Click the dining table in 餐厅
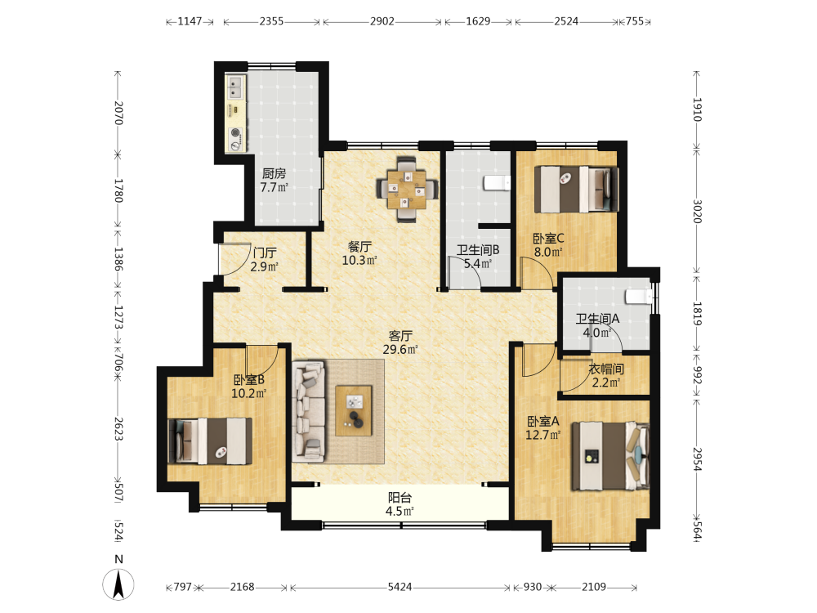coord(407,190)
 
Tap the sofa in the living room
coord(309,411)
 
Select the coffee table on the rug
coord(354,411)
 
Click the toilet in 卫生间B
coord(497,183)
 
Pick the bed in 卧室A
coord(610,456)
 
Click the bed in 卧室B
coord(210,441)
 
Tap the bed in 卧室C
coord(577,190)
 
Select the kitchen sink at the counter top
coord(235,87)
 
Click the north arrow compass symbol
coord(118,584)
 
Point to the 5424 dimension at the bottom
coord(400,587)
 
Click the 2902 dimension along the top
coord(382,21)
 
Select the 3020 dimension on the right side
coord(697,211)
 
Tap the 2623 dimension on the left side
coord(118,428)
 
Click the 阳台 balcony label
coord(400,498)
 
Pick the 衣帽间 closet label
coord(606,369)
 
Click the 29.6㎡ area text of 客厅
coord(400,349)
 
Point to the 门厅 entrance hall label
coord(265,253)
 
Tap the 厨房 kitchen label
coord(274,173)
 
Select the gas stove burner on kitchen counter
coord(235,133)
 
